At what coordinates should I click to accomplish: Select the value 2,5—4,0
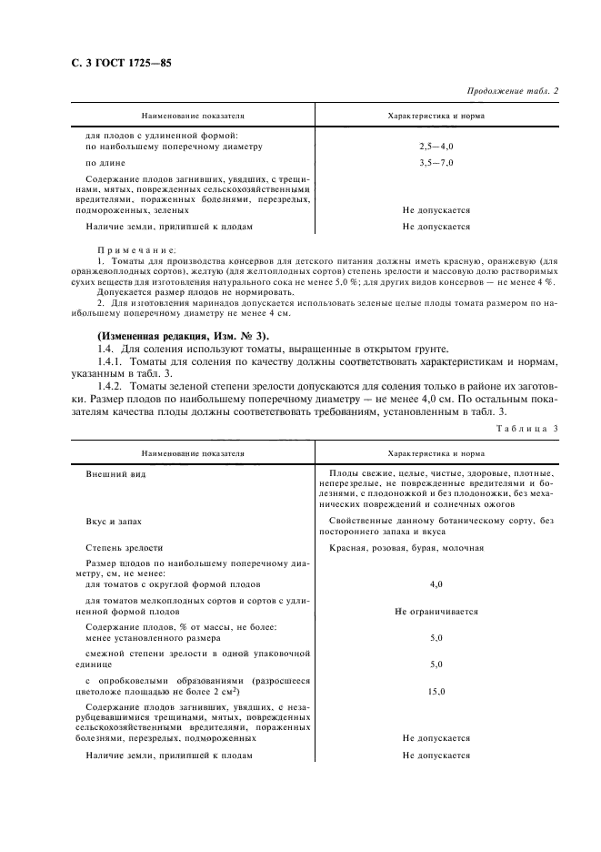tap(436, 146)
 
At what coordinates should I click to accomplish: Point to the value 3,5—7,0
tap(436, 163)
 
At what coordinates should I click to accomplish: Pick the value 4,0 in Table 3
tap(436, 584)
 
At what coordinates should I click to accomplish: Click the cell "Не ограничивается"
tap(436, 612)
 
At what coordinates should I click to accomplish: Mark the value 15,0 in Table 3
tap(436, 692)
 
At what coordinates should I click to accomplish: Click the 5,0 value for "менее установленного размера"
tap(436, 638)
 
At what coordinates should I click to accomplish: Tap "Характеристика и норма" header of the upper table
tap(436, 117)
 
